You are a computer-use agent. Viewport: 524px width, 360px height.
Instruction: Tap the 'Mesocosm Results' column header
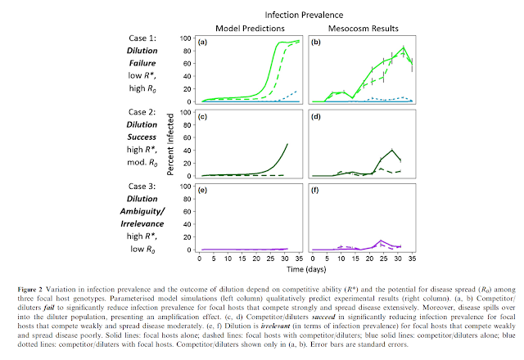(356, 29)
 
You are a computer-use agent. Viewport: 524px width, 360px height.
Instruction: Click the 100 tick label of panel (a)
(187, 38)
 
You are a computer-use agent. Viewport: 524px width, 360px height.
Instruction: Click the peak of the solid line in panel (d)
(394, 150)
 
